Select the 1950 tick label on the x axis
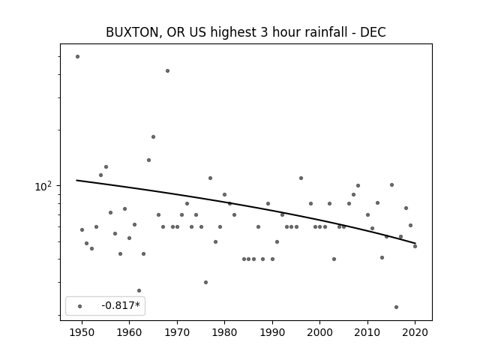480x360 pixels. [x=82, y=332]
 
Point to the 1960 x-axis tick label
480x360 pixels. [x=129, y=332]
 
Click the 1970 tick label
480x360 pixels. [x=177, y=332]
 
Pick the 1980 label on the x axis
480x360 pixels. [x=224, y=332]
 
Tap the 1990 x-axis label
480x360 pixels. [x=272, y=332]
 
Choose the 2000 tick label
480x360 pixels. [x=320, y=332]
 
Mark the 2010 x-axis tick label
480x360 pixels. [x=367, y=332]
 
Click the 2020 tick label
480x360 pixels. [x=415, y=332]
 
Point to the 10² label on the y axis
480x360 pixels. [x=45, y=186]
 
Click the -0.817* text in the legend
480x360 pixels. [x=121, y=305]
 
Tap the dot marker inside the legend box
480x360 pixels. [x=80, y=306]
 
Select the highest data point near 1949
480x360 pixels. [x=77, y=57]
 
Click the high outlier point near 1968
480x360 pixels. [x=167, y=71]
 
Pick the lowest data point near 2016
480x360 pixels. [x=397, y=307]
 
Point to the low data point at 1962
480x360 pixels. [x=139, y=290]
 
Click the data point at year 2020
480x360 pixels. [x=415, y=247]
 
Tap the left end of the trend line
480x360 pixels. [x=76, y=180]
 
